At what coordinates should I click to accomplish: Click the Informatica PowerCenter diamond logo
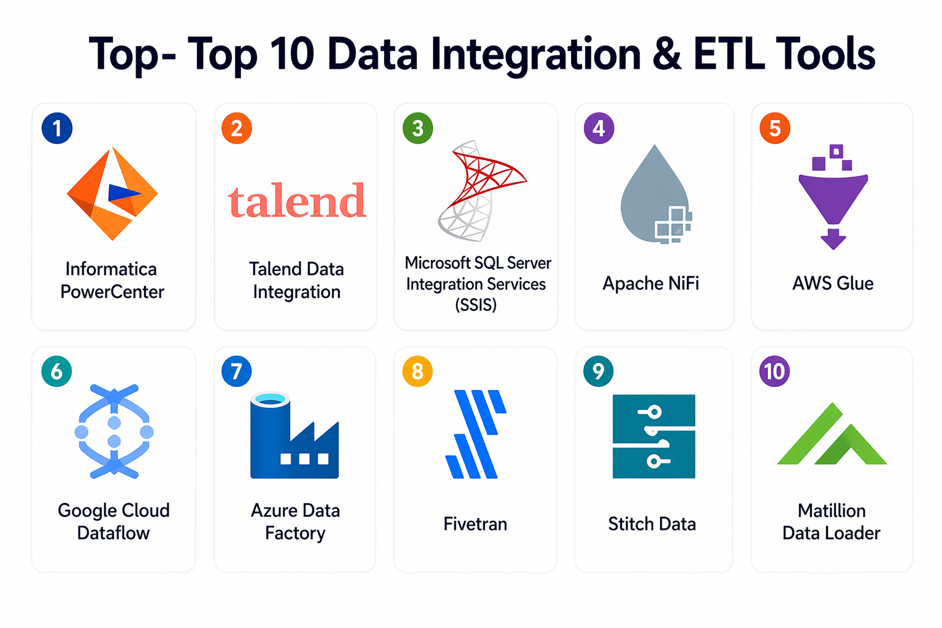(112, 193)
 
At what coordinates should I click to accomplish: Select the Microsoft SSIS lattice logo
(482, 191)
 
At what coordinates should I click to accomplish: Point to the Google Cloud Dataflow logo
(114, 431)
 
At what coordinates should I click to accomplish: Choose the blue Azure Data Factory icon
(294, 435)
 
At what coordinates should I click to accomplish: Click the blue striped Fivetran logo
(476, 434)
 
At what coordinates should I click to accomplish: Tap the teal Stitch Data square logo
(654, 436)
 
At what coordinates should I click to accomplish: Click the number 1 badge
(57, 128)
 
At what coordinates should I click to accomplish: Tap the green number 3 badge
(418, 128)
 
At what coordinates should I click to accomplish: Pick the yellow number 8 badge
(417, 372)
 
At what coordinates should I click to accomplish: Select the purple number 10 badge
(774, 372)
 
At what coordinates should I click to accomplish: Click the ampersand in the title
(667, 54)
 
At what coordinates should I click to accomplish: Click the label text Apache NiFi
(651, 283)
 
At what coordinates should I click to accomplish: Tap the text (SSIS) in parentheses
(476, 305)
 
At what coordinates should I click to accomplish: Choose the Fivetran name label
(475, 524)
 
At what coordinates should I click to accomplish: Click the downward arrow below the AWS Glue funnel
(833, 239)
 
